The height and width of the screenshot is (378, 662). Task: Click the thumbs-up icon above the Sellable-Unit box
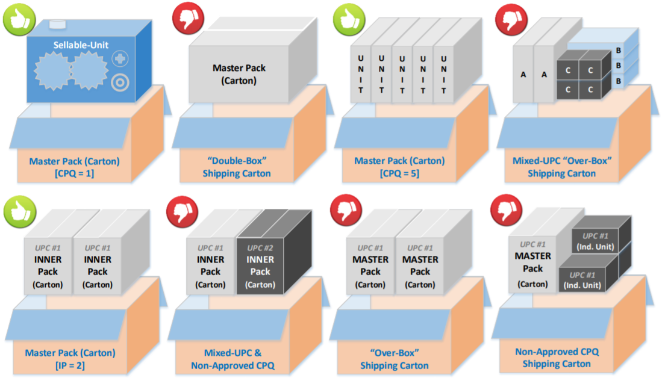[19, 19]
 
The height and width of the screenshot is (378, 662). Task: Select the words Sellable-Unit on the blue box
[81, 45]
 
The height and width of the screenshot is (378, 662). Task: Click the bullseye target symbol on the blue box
[120, 82]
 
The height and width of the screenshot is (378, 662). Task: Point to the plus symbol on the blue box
[120, 58]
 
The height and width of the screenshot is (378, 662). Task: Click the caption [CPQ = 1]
[74, 173]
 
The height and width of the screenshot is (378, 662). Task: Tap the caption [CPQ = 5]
[399, 173]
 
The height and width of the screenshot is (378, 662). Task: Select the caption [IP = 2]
[70, 365]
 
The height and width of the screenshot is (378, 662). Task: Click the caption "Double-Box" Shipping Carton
[236, 167]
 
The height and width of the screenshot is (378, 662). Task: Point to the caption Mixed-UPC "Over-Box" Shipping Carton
[562, 167]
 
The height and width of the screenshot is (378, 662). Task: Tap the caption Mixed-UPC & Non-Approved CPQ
[233, 359]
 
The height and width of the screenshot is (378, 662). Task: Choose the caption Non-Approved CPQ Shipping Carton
[557, 358]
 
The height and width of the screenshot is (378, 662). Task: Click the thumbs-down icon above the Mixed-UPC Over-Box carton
[511, 19]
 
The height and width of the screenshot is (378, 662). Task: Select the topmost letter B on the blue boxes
[619, 51]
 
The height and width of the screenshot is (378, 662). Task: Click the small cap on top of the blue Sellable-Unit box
[57, 24]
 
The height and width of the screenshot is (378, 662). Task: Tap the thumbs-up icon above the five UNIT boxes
[349, 19]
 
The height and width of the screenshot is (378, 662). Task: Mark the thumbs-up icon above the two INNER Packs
[20, 212]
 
